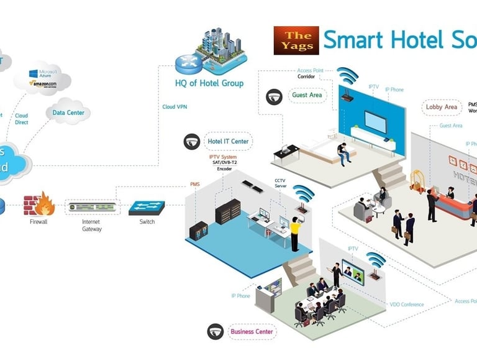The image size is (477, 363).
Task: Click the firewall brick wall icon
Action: click(38, 205)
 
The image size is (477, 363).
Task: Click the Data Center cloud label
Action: click(68, 113)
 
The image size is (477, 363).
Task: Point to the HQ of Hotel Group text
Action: click(209, 83)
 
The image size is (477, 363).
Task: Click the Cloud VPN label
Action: click(174, 106)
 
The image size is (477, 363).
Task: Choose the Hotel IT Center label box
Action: click(228, 142)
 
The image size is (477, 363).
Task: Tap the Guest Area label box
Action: click(307, 96)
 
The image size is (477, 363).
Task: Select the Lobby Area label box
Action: click(442, 107)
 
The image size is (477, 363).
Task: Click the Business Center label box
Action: click(252, 331)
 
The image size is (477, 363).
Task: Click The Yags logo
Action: click(296, 40)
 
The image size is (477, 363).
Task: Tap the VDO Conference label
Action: click(407, 305)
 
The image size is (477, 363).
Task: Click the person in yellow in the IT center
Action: click(295, 234)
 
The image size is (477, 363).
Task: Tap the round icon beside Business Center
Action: click(216, 331)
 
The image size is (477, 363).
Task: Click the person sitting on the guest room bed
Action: click(343, 152)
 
